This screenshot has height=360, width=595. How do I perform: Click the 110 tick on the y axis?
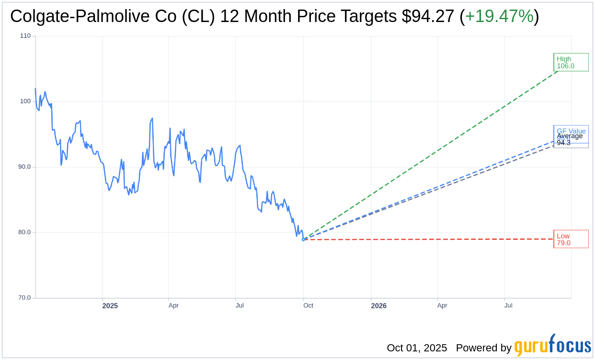[x=25, y=36]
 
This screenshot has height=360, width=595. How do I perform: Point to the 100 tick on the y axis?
[x=25, y=101]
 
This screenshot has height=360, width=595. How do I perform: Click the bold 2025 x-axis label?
[x=110, y=305]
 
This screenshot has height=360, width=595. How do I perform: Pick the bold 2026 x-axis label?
[x=378, y=305]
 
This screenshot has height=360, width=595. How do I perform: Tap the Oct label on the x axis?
[x=308, y=305]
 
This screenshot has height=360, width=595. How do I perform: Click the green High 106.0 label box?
[x=571, y=62]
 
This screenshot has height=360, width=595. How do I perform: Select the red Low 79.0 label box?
[x=571, y=239]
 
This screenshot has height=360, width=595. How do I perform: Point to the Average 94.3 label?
[x=570, y=139]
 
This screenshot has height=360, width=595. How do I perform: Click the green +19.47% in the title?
[x=499, y=16]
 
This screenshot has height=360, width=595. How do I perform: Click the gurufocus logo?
[x=552, y=346]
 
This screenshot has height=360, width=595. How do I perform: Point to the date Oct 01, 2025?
[x=417, y=348]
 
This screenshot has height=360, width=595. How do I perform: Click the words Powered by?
[x=483, y=348]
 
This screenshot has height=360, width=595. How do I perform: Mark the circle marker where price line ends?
[x=303, y=239]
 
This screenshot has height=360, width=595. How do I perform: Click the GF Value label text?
[x=571, y=131]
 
